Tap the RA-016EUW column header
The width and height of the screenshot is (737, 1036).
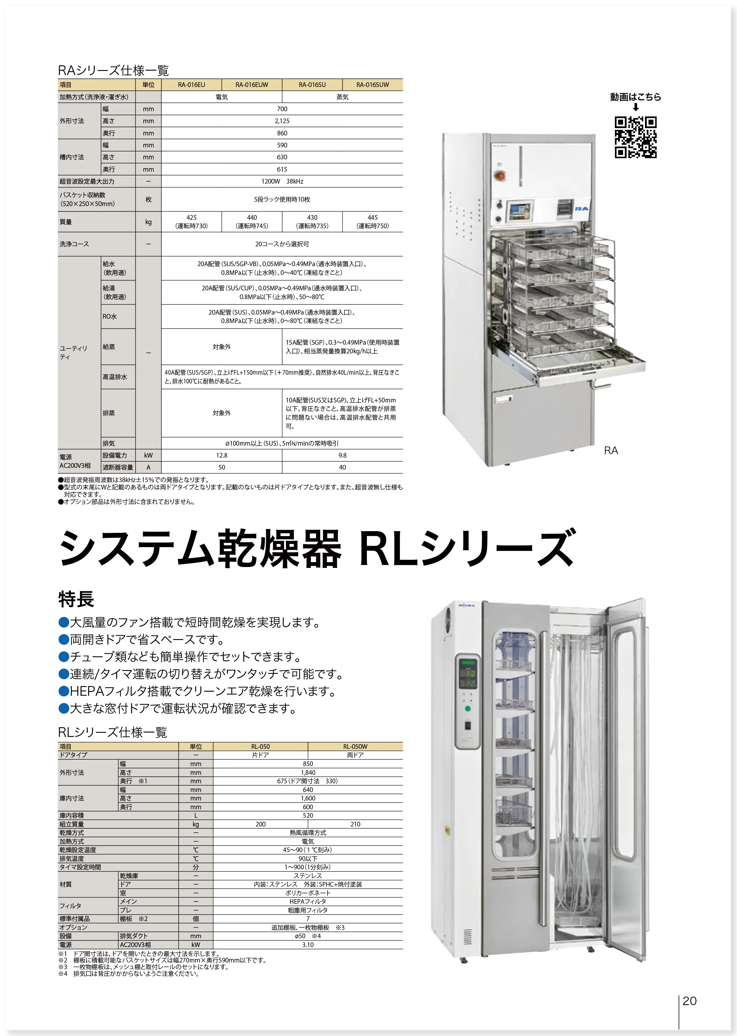tap(252, 85)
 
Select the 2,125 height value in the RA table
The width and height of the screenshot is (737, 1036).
tap(282, 121)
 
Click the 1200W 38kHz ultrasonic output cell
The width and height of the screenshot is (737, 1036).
tap(282, 181)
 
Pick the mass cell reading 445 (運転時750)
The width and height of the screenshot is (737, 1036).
tap(372, 222)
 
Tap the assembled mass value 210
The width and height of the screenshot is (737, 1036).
tap(355, 824)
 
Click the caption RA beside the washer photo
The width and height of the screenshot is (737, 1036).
tap(611, 450)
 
